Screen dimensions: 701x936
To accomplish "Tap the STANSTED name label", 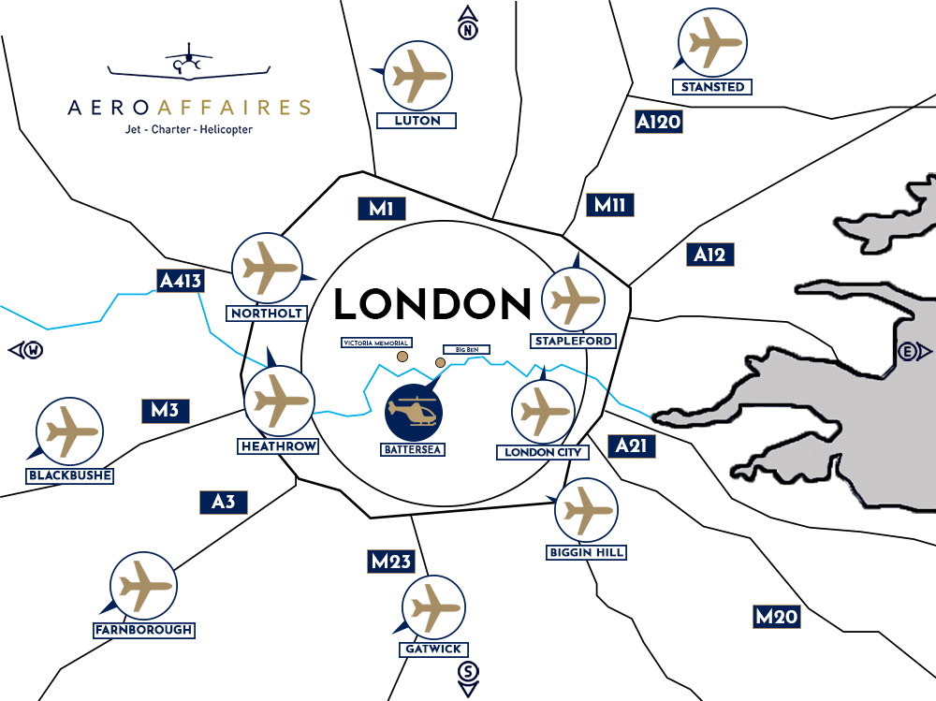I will [x=712, y=87].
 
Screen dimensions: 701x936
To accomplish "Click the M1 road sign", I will [x=380, y=209].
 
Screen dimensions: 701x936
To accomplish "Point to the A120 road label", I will [x=658, y=122].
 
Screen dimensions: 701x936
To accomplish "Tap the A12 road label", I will [x=709, y=255].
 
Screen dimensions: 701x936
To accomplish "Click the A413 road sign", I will [x=180, y=280].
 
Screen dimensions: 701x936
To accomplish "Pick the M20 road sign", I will [x=777, y=616].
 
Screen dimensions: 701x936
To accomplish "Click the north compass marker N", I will [x=467, y=27].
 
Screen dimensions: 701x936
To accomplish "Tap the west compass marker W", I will [x=27, y=351].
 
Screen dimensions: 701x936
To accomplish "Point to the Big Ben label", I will [x=466, y=349].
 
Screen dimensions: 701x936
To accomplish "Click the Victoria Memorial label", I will [x=375, y=343].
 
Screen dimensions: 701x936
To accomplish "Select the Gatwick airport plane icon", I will [x=431, y=606].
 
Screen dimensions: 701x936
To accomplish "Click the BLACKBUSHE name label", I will [x=70, y=475].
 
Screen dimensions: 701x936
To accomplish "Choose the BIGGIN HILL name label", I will [x=586, y=552].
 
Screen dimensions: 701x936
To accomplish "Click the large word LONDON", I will [x=432, y=304].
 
